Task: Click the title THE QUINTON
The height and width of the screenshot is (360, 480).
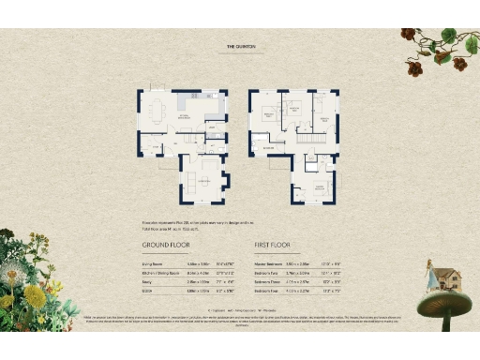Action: tap(241, 45)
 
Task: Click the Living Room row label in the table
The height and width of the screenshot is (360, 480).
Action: tap(154, 263)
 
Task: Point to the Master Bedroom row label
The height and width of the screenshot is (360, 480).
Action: tap(271, 263)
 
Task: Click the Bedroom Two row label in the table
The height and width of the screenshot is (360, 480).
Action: tap(269, 272)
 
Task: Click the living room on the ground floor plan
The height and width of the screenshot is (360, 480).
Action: tap(203, 178)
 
